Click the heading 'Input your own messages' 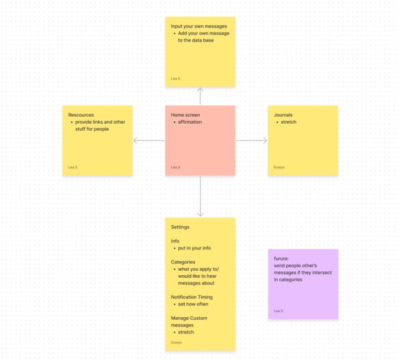click(199, 26)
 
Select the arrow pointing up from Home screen click(200, 96)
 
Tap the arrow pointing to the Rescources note click(149, 141)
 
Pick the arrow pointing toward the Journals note click(252, 141)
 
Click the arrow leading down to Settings click(200, 197)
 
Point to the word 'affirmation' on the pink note click(190, 122)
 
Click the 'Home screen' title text click(185, 115)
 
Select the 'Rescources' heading click(81, 115)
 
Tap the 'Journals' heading click(283, 115)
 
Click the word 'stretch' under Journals click(288, 122)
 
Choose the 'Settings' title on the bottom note click(180, 227)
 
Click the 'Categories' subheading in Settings click(183, 262)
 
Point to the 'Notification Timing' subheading click(192, 297)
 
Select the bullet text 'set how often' click(193, 304)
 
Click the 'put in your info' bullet click(194, 248)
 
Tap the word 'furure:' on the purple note click(281, 258)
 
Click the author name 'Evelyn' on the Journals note click(279, 167)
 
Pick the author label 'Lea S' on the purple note click(278, 311)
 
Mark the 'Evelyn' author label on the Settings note click(177, 342)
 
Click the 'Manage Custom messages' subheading click(189, 322)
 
